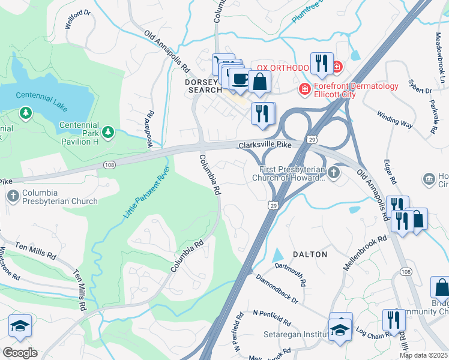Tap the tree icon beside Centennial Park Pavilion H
coord(107,131)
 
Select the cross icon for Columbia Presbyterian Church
coord(13,196)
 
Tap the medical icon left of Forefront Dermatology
coord(305,90)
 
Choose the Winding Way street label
coord(395,118)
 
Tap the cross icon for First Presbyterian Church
coord(333,172)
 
